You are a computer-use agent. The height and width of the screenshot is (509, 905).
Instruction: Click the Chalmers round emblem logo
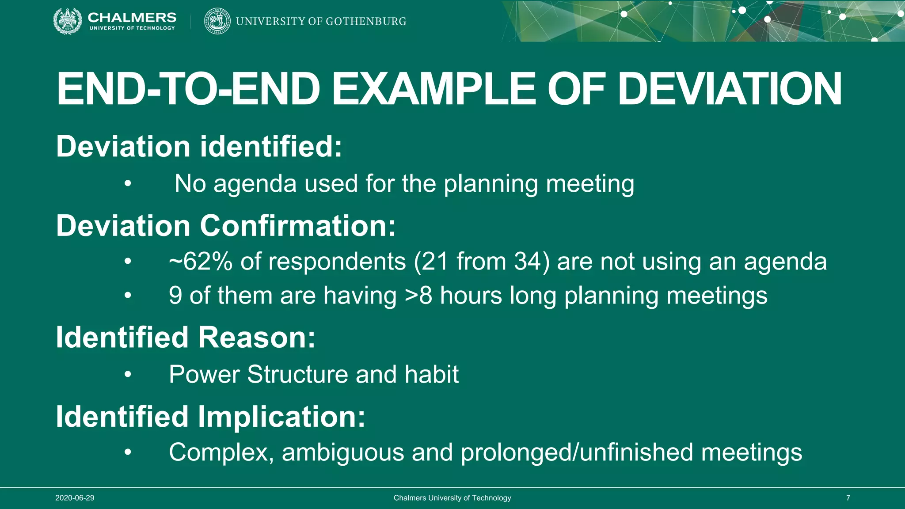tap(67, 21)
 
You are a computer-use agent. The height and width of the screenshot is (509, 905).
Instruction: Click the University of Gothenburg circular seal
tap(217, 21)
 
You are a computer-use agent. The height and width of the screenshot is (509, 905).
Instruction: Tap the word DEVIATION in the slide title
tap(729, 89)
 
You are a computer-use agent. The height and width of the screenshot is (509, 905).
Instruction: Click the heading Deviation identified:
tap(199, 146)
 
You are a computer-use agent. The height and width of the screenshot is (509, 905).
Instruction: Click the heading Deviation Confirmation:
tap(226, 226)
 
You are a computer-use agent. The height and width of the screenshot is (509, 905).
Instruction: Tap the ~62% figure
tap(201, 262)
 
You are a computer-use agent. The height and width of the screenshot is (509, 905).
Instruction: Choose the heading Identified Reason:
tap(186, 338)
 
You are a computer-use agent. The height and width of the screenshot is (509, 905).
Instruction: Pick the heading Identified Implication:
tap(210, 417)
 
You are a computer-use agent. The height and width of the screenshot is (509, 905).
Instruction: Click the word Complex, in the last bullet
tap(221, 452)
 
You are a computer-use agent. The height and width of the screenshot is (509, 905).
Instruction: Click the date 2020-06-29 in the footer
tap(75, 498)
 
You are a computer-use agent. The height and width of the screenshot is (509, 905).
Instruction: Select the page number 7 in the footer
tap(848, 498)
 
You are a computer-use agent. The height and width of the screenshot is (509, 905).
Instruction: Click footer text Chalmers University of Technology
tap(452, 498)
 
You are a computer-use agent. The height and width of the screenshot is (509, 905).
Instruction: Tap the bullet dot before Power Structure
tap(128, 375)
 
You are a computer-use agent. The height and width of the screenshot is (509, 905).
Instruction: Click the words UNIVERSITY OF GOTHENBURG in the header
tap(321, 21)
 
